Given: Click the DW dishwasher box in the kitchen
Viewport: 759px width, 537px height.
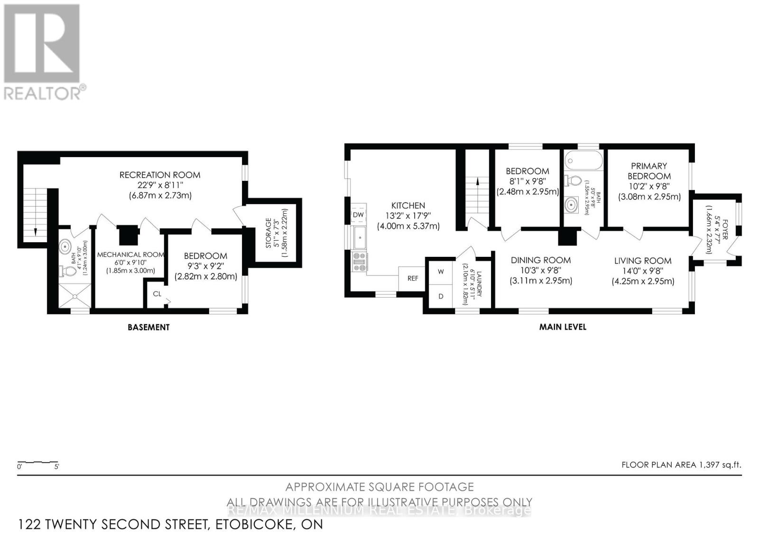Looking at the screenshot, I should [x=359, y=215].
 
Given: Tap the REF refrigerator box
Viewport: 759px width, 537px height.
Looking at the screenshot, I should [x=413, y=278].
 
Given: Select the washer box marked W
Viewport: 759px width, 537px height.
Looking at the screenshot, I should [x=441, y=272].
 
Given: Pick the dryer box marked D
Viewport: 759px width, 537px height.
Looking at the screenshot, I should [x=441, y=296].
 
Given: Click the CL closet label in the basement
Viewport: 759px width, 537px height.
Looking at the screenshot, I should [x=157, y=294].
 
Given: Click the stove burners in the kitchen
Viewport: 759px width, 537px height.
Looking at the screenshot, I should [x=359, y=262].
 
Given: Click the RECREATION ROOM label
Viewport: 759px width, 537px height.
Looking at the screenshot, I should [x=160, y=175].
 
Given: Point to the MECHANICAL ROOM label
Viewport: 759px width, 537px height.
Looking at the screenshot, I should [x=130, y=255].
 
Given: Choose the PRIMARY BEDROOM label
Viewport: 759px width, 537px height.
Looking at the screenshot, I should [x=649, y=171].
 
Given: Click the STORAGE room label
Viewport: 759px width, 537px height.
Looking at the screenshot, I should [x=269, y=233].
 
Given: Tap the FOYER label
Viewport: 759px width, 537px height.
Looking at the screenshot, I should [x=724, y=228].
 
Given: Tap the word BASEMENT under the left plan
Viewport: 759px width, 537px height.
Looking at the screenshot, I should [x=148, y=327].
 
